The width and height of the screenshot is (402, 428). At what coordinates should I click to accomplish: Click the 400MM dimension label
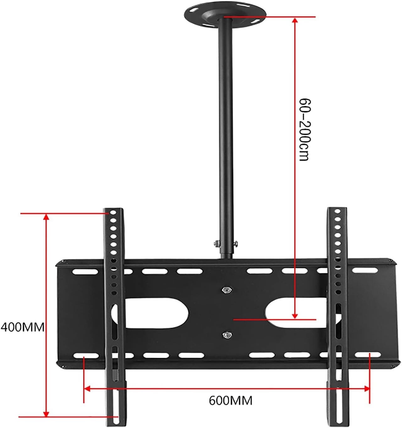(x=23, y=327)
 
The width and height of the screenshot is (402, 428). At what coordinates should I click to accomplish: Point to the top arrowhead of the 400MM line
(x=46, y=217)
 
